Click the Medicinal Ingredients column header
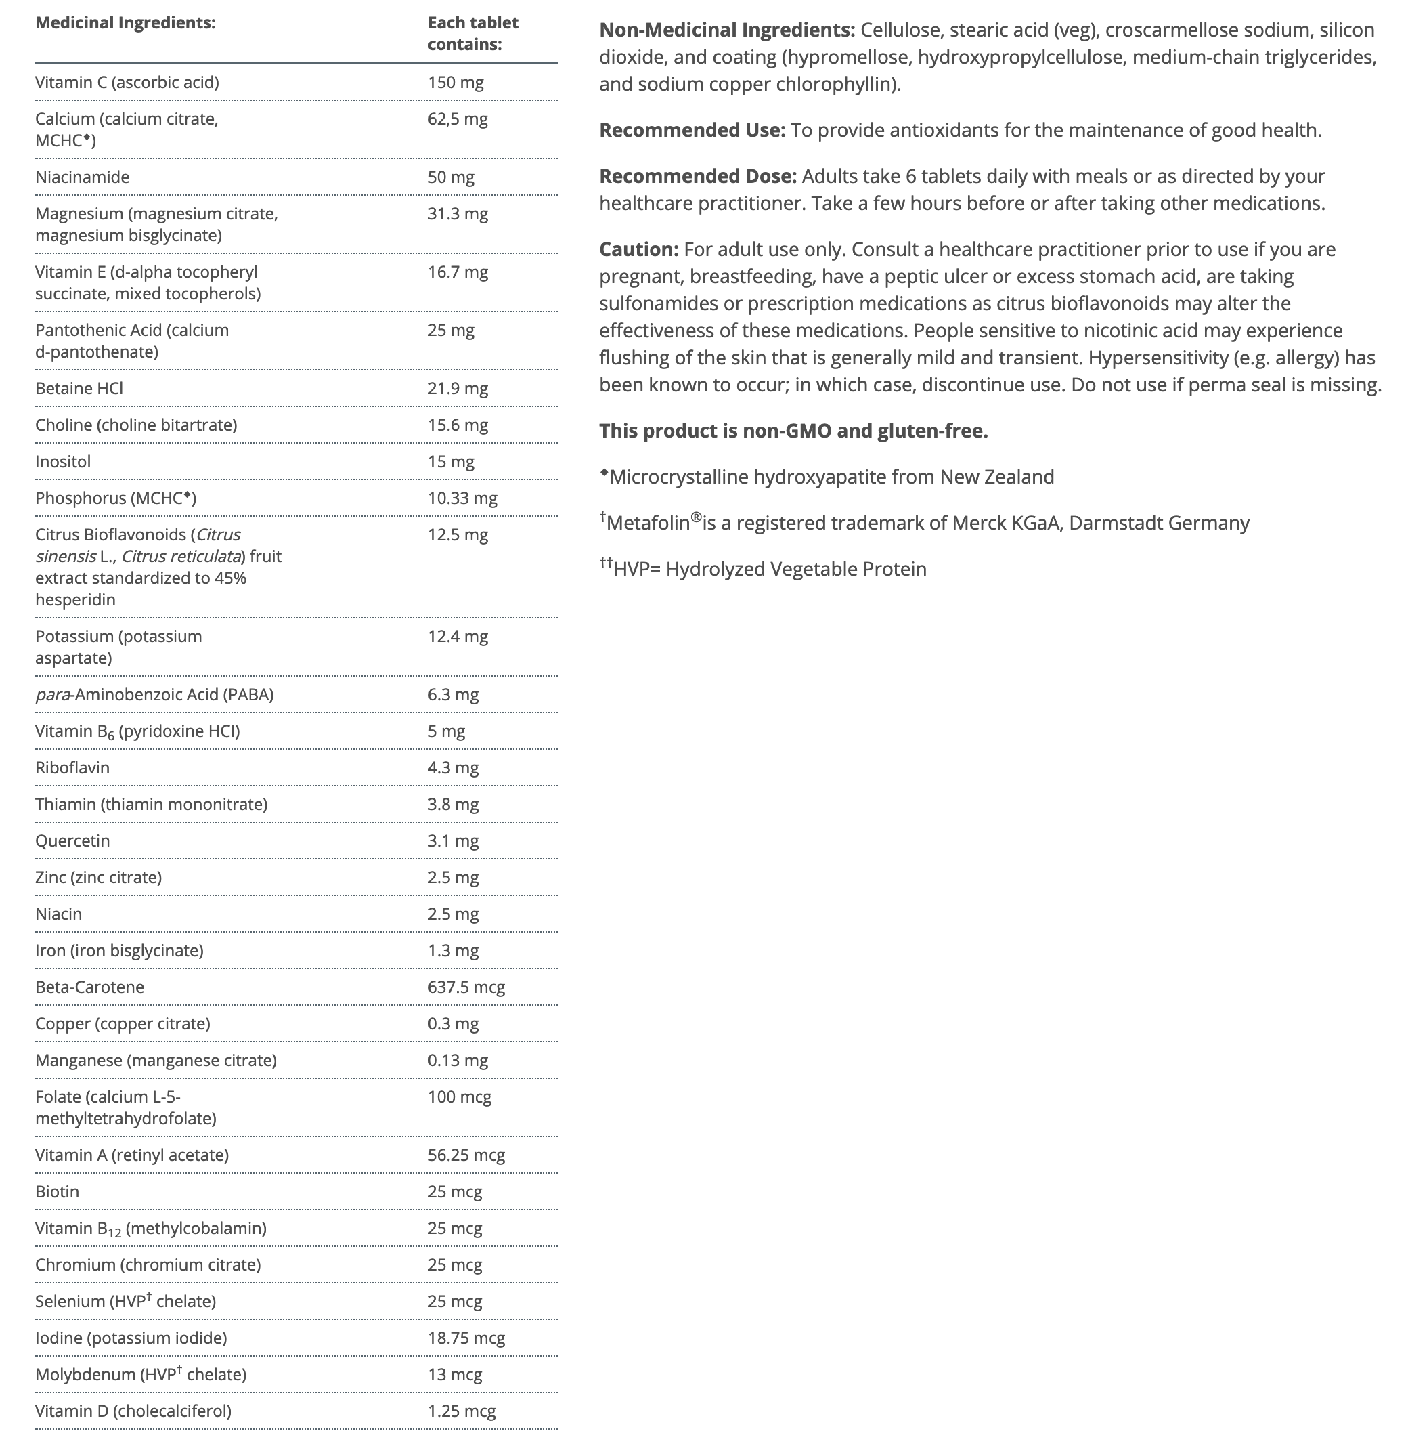click(x=125, y=23)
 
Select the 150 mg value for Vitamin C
click(x=456, y=82)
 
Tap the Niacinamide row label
click(x=82, y=177)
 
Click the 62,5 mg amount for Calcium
click(x=458, y=119)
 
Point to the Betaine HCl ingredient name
click(x=79, y=389)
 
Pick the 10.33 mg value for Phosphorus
click(x=462, y=498)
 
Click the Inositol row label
click(x=63, y=462)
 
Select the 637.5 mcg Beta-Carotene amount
click(x=466, y=987)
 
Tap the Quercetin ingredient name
click(x=72, y=840)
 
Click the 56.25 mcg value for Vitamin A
click(x=466, y=1155)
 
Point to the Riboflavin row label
click(x=72, y=767)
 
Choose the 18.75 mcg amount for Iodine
click(x=466, y=1338)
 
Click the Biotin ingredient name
click(x=57, y=1191)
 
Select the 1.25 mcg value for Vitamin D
click(x=462, y=1411)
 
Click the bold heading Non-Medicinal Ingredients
click(x=727, y=30)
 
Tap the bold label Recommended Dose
click(x=697, y=176)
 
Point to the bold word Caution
click(x=638, y=249)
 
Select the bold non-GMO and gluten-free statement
click(x=793, y=431)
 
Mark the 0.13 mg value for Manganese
click(x=458, y=1061)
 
